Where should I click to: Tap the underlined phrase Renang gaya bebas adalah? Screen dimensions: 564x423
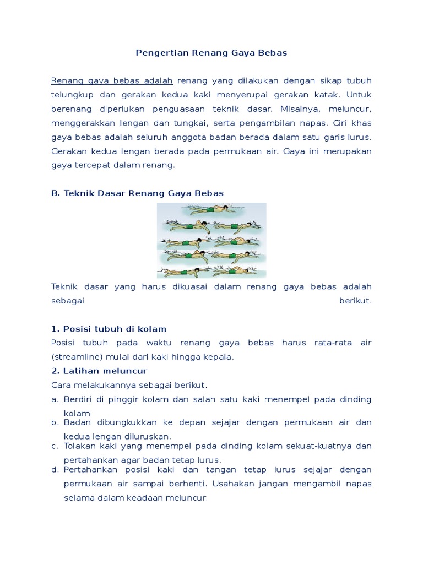[112, 81]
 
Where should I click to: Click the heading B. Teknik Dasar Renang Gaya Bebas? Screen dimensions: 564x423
[138, 193]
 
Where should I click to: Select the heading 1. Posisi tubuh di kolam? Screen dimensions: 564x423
[109, 329]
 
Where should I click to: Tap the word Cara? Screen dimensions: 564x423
[60, 384]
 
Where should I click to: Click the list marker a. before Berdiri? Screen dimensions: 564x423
[55, 399]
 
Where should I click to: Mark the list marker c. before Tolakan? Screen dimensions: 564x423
[55, 446]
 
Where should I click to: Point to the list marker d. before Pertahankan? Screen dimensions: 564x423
[55, 470]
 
